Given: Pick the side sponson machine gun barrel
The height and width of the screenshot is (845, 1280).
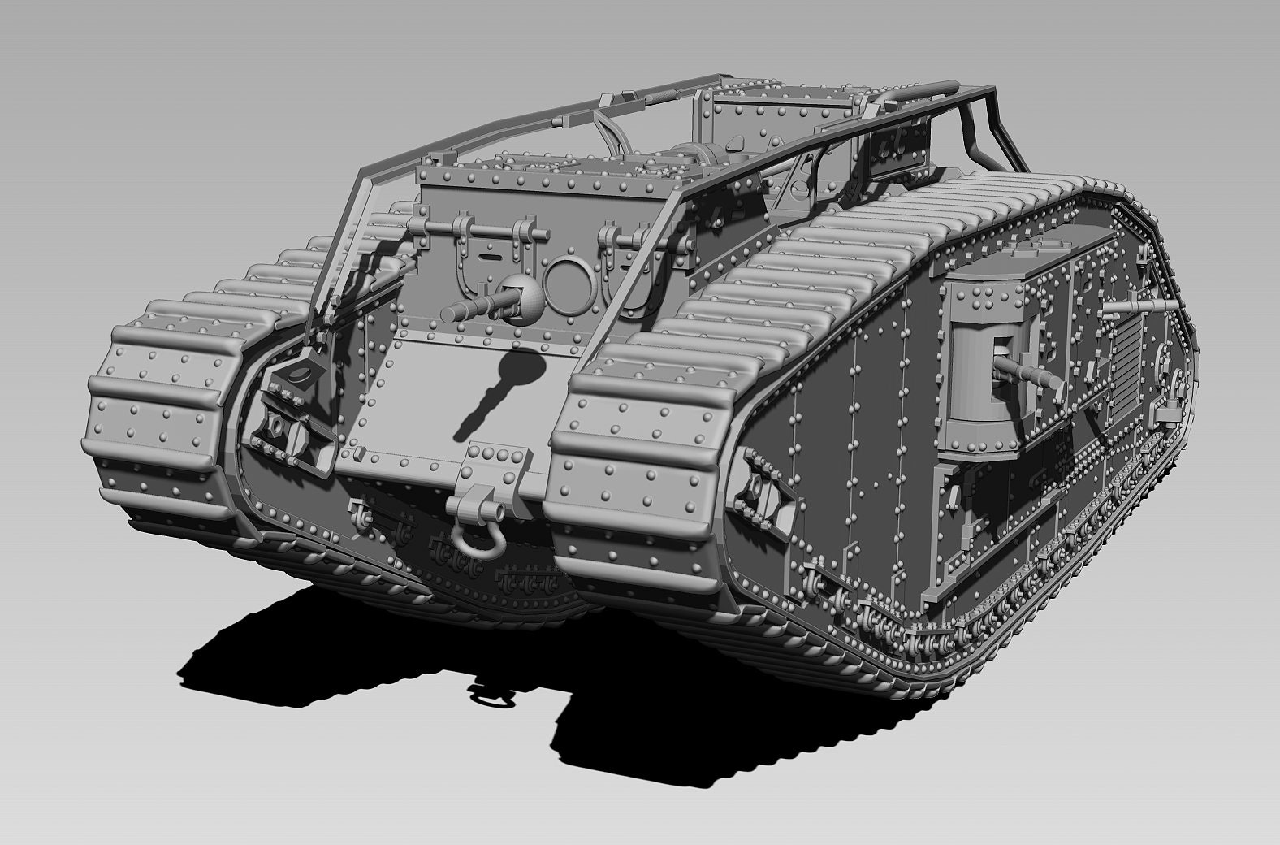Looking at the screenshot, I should point(1025,372).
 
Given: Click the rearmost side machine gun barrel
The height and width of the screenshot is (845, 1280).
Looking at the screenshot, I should point(1145,305).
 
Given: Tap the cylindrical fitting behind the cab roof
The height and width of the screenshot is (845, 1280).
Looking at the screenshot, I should point(698,154).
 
